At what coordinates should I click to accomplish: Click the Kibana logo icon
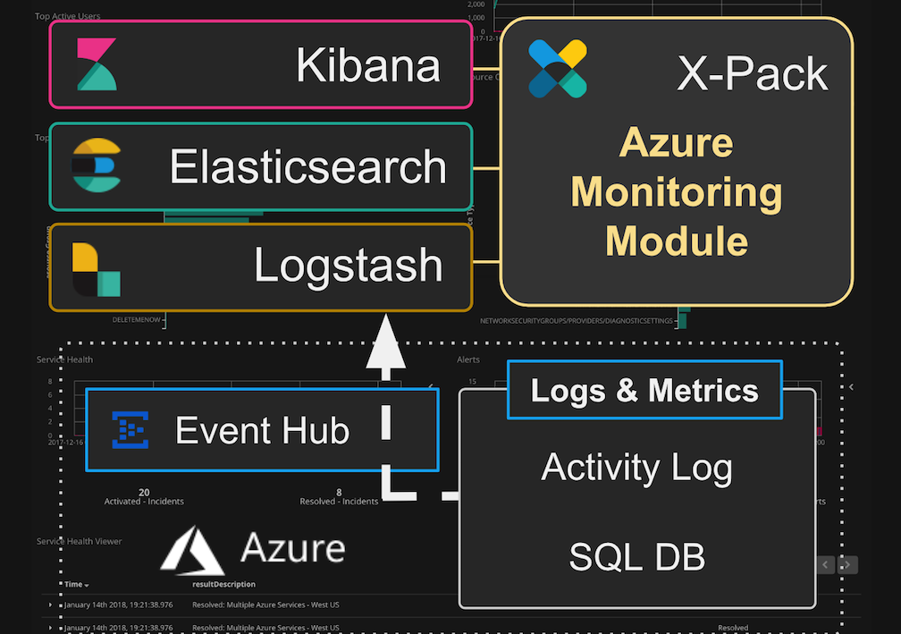(95, 64)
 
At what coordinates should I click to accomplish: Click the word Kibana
(367, 65)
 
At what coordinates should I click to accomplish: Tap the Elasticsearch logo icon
(95, 166)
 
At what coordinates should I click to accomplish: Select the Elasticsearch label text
(307, 167)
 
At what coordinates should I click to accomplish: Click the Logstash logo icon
(96, 268)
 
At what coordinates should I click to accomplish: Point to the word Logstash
(348, 266)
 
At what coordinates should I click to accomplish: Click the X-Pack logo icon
(557, 68)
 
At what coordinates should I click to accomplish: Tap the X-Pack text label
(752, 73)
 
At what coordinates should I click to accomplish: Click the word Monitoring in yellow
(677, 192)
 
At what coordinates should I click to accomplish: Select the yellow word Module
(677, 241)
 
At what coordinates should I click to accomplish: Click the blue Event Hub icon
(131, 430)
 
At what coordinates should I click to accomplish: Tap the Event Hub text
(262, 431)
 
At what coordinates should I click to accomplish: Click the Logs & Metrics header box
(644, 391)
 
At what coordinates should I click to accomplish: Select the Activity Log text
(636, 468)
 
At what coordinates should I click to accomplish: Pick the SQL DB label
(636, 557)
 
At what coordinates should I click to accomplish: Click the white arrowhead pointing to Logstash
(386, 343)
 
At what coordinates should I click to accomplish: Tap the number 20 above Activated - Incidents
(144, 492)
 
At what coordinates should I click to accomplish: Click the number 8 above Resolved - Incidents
(339, 492)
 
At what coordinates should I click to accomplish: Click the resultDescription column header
(223, 584)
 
